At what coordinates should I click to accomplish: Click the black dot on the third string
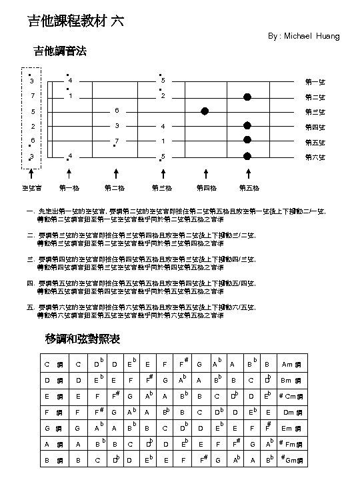coord(205,111)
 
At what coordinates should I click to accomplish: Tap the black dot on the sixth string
coord(247,157)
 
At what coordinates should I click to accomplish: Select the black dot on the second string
coord(247,97)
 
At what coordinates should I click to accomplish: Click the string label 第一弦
coord(315,82)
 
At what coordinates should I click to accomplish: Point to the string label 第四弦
coord(315,127)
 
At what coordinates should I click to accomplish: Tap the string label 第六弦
coord(315,157)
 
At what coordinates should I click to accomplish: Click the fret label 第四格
coord(206,188)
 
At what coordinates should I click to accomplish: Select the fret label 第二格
coord(116,188)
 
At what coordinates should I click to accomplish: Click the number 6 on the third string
coord(116,111)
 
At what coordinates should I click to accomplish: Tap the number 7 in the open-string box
coord(32,96)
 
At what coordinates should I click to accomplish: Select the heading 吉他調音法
coord(59,51)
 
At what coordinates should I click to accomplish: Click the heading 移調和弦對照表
coord(83,339)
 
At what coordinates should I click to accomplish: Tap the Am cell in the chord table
coord(291,364)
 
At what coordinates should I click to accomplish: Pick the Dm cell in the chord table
coord(291,413)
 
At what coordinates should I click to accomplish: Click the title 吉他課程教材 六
coord(75,21)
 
